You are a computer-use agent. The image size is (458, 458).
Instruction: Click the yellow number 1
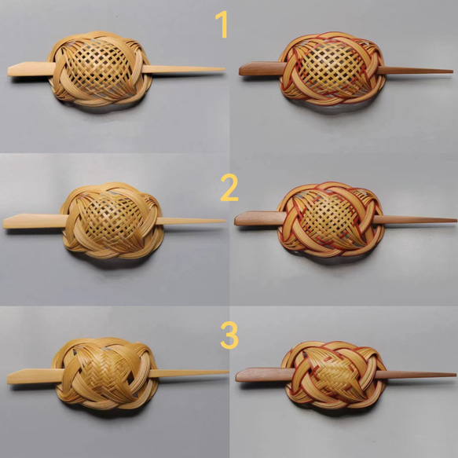pos(222,24)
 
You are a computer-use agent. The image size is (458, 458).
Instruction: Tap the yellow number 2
pos(229,187)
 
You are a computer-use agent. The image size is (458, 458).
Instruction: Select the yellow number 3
pos(229,335)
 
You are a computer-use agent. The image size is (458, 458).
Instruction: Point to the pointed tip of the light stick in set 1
pos(225,69)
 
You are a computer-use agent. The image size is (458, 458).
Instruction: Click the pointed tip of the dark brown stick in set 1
pos(453,71)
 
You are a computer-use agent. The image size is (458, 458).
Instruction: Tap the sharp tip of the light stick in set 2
pos(225,221)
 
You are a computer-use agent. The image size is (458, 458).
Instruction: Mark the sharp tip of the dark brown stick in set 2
pos(456,221)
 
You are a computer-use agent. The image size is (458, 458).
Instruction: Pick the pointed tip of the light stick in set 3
pos(228,372)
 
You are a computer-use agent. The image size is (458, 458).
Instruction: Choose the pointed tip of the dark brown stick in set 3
pos(456,374)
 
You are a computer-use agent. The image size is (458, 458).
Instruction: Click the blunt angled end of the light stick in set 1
pos(9,71)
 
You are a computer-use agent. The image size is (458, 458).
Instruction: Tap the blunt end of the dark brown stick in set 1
pos(240,71)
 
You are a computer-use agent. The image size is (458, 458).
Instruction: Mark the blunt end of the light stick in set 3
pos(9,378)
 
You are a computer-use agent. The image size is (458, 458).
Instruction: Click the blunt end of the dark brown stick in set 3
pos(237,377)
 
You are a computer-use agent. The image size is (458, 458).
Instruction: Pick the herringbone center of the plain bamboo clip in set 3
pos(104,372)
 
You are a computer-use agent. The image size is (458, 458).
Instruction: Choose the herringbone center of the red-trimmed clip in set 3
pos(334,374)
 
